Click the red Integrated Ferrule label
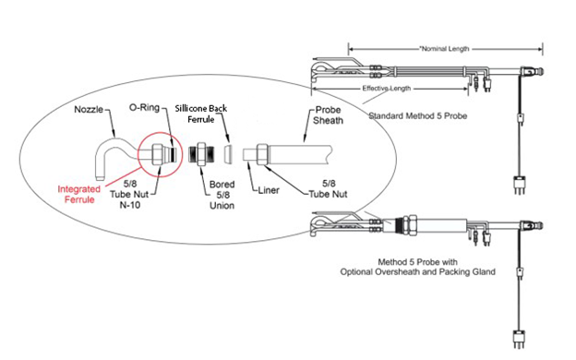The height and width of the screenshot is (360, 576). tap(79, 195)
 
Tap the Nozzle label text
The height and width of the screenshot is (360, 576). tap(89, 110)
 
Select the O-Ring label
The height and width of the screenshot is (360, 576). tap(144, 108)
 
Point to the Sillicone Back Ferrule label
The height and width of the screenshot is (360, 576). tap(201, 114)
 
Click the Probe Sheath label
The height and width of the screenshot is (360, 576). tap(328, 115)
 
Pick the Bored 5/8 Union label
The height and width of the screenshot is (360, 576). tap(222, 195)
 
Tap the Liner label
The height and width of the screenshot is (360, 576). tap(269, 190)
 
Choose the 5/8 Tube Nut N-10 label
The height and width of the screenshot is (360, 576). tap(129, 194)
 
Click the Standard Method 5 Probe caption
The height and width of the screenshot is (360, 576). tap(417, 116)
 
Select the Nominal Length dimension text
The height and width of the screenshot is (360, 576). tap(445, 49)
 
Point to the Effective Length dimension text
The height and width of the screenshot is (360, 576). tap(386, 89)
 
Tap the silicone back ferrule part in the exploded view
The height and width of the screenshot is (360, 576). tap(229, 154)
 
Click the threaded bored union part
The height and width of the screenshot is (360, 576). tap(201, 154)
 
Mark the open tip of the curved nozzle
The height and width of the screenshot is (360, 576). tap(100, 178)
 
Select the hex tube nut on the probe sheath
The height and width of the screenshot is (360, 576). tap(263, 154)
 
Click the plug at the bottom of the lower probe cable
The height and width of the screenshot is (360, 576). tap(519, 339)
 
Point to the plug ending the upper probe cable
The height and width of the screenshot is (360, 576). tap(519, 186)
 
